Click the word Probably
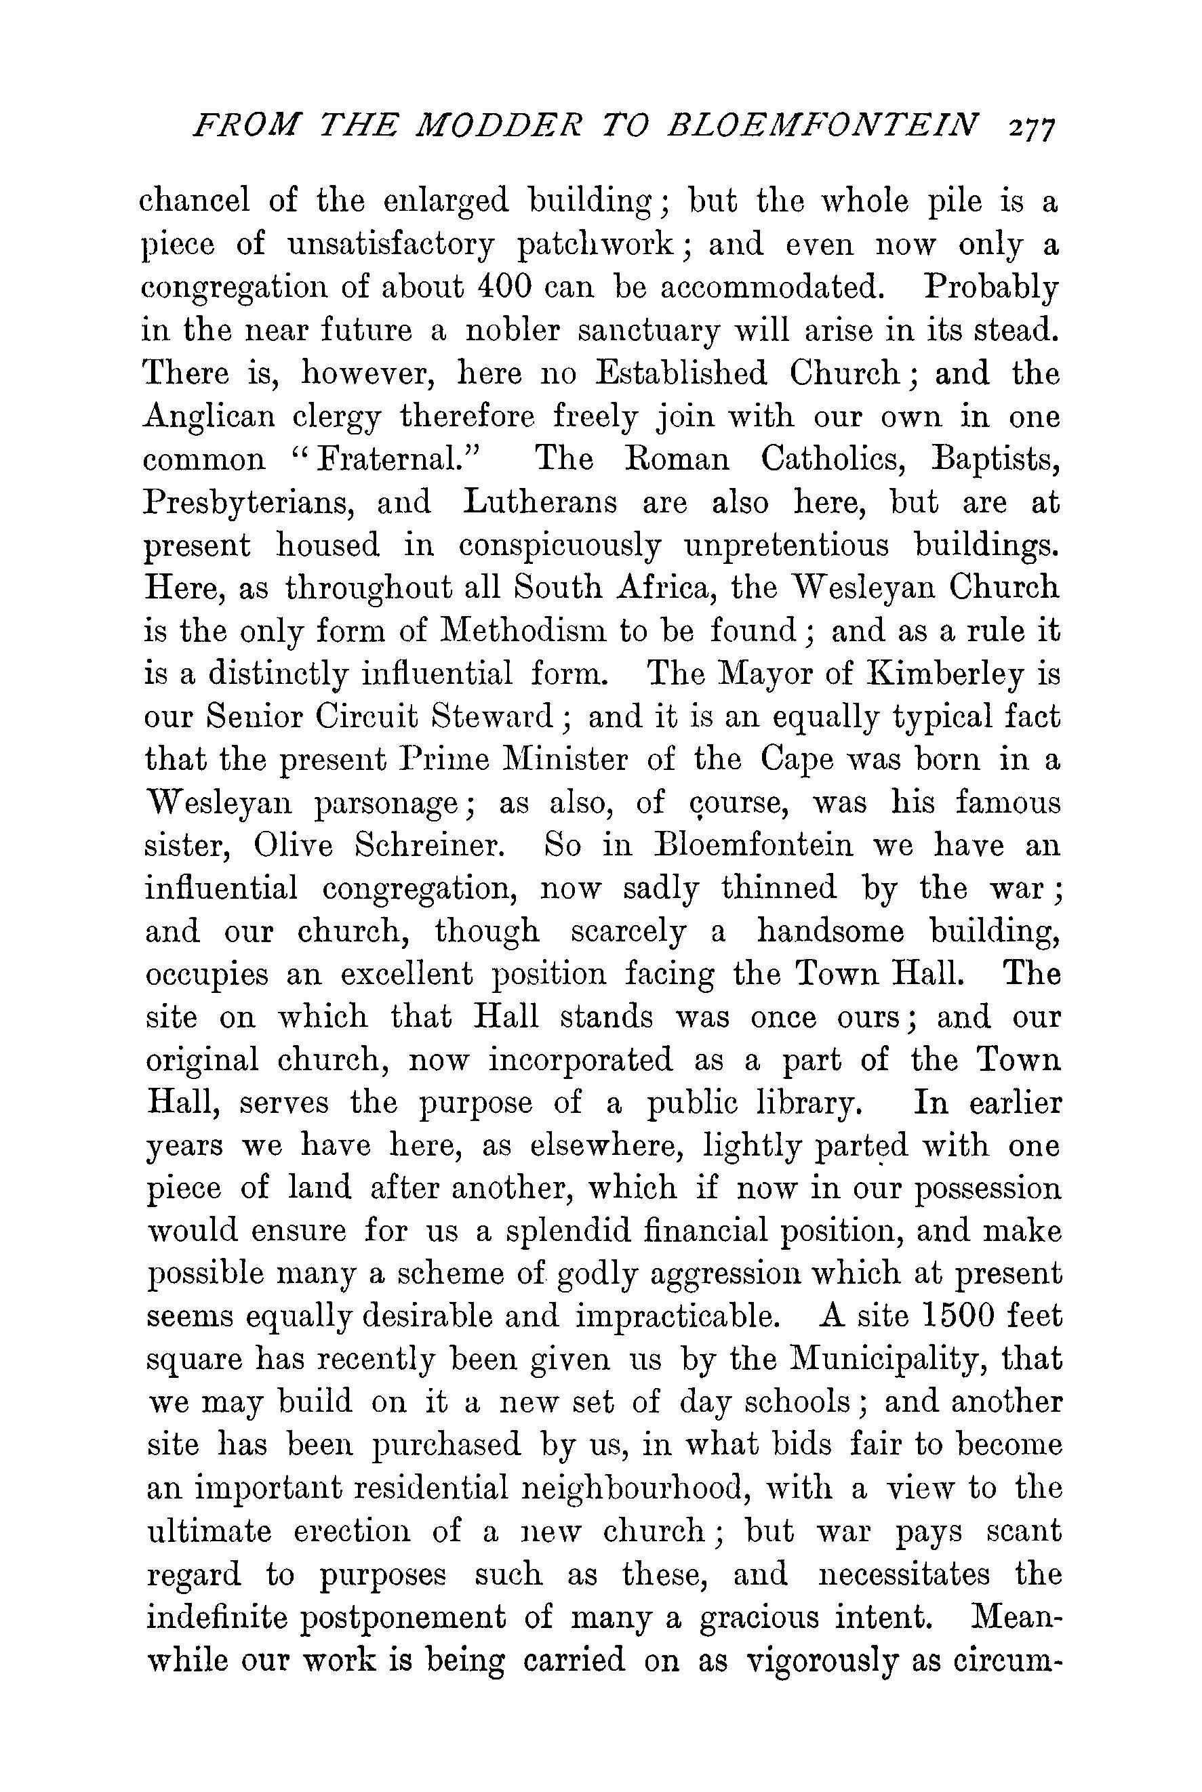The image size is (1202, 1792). [990, 288]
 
